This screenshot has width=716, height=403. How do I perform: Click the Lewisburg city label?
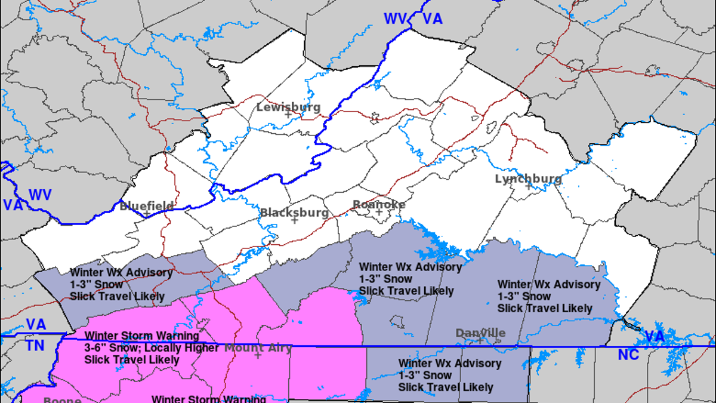point(288,107)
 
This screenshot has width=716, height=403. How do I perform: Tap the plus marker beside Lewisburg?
point(288,115)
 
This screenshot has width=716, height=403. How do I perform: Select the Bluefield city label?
point(146,207)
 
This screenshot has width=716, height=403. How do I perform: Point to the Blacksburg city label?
point(294,213)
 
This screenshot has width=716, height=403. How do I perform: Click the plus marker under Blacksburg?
point(294,220)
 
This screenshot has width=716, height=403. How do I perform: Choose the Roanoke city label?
point(379,205)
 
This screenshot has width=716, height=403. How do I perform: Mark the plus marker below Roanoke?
point(379,212)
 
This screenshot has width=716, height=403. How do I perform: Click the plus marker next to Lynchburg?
point(528,186)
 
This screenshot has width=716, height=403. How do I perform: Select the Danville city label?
point(480,333)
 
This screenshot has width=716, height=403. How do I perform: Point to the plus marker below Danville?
point(480,340)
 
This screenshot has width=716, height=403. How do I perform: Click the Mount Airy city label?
point(258,347)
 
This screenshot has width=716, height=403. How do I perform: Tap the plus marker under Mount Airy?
point(258,355)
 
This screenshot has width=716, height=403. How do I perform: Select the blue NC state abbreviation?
point(629,355)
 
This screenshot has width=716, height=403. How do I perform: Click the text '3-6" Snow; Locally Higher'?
point(152,348)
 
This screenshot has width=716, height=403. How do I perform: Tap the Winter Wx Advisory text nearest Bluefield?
point(121,273)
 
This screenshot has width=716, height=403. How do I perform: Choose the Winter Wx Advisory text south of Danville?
point(450,363)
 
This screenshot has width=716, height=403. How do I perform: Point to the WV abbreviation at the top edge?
point(394,19)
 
